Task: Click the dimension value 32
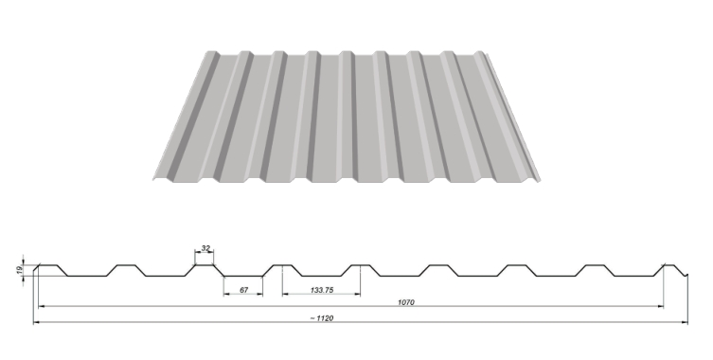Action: click(206, 248)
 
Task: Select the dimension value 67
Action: click(243, 290)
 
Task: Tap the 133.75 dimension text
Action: click(322, 290)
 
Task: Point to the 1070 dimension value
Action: click(405, 302)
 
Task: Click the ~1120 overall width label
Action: click(322, 318)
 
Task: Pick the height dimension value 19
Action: click(19, 270)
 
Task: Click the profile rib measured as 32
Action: click(205, 265)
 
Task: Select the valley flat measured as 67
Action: click(243, 277)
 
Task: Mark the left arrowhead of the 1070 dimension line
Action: click(42, 307)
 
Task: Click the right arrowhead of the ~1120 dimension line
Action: click(685, 322)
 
